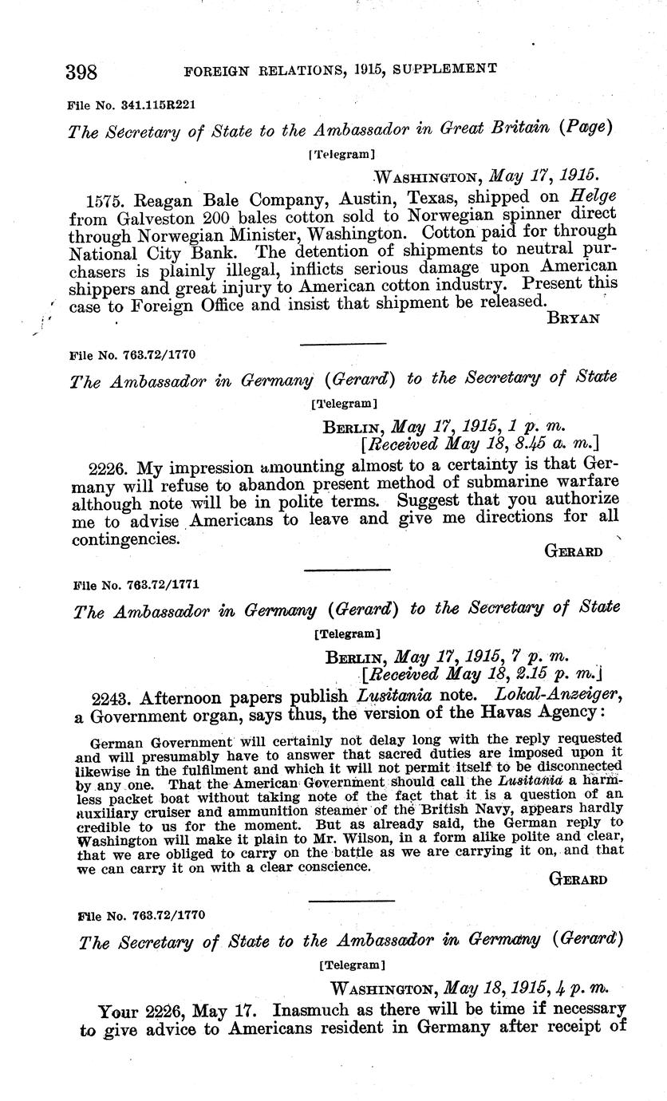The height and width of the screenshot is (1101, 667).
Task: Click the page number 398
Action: click(x=81, y=72)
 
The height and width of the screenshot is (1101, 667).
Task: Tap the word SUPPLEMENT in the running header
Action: click(x=448, y=69)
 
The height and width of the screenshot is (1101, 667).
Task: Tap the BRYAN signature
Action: click(x=574, y=318)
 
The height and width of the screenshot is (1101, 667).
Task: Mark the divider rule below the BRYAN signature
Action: click(x=343, y=344)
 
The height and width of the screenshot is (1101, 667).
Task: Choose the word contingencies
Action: click(x=124, y=539)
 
